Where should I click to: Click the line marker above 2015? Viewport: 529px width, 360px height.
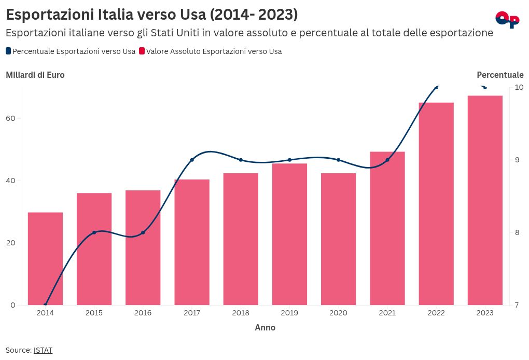(x=94, y=232)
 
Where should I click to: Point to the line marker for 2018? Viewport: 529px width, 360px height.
(x=241, y=160)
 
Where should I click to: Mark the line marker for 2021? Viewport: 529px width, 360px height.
(x=387, y=160)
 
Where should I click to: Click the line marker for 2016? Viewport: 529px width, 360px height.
(x=143, y=232)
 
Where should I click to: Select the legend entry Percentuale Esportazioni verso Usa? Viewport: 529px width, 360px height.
(x=71, y=51)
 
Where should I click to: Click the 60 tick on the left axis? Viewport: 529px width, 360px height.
(x=11, y=118)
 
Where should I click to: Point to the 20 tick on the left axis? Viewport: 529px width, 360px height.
(x=11, y=243)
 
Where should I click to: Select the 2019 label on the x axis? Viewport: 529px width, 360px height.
(x=289, y=313)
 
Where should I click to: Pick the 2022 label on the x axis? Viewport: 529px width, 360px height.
(x=436, y=313)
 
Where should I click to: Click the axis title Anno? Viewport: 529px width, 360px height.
(x=265, y=328)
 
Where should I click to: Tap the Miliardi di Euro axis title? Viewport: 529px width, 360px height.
(x=35, y=75)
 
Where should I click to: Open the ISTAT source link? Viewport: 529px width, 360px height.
(x=43, y=350)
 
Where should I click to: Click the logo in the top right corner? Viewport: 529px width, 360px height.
(x=507, y=19)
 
